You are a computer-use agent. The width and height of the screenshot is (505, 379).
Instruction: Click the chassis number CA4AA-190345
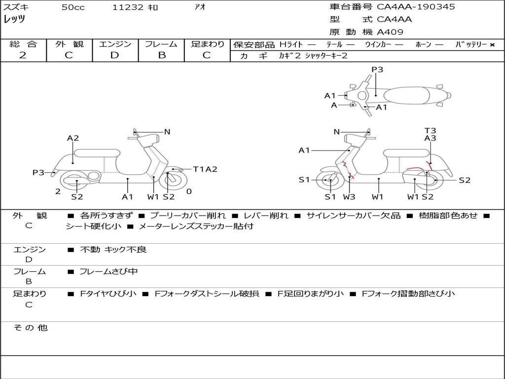coord(416,7)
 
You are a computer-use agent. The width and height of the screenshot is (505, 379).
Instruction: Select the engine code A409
coord(390,32)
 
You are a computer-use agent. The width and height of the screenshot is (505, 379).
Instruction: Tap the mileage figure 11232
coord(128,7)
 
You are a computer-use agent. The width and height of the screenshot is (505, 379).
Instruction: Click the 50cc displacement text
coord(73,7)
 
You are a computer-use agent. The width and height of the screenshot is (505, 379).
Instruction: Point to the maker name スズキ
coord(16,7)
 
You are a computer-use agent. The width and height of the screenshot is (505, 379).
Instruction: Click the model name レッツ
coord(14,19)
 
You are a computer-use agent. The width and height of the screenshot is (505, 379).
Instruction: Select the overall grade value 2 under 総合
coord(23,55)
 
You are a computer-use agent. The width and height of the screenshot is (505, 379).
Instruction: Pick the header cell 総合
coord(23,44)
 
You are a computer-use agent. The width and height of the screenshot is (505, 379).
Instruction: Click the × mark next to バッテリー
coord(492,45)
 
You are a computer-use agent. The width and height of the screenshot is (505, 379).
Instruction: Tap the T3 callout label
coord(430,130)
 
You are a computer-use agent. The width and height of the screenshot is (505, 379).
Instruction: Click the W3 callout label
coord(349,196)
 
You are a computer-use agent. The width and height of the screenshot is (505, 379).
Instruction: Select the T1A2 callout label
coord(205,169)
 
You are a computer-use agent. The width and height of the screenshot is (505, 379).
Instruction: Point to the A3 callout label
coord(430,138)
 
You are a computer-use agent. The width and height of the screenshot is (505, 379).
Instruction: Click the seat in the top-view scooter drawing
coord(406,96)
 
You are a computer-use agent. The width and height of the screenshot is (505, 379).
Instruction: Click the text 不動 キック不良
coord(113,249)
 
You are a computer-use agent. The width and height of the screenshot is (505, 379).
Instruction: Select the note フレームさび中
coord(108,272)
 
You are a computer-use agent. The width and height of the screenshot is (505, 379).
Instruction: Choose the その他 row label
coord(31,328)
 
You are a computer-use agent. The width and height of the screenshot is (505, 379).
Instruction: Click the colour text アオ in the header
coord(200,7)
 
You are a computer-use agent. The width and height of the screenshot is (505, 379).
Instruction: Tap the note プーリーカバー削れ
coord(188,215)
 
